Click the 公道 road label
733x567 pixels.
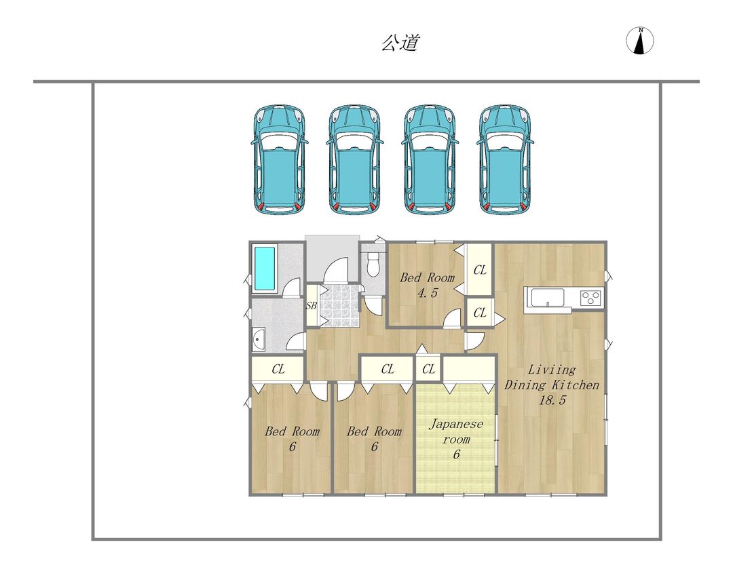click(x=399, y=43)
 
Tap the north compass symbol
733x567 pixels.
click(x=639, y=41)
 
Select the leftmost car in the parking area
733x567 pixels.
click(x=280, y=160)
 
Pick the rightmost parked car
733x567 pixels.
click(x=505, y=160)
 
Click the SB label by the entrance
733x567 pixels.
click(x=312, y=306)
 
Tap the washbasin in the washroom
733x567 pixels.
click(x=259, y=340)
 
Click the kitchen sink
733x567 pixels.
click(x=548, y=298)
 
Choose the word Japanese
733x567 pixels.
click(x=457, y=425)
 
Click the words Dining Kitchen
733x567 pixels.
click(x=551, y=385)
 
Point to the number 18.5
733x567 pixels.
click(x=552, y=400)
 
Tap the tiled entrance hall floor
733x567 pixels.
click(x=337, y=306)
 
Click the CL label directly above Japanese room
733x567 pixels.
click(x=428, y=370)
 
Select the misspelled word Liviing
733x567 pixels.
click(x=552, y=370)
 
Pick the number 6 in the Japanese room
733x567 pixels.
click(x=456, y=454)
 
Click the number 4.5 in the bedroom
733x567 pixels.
click(x=427, y=293)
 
